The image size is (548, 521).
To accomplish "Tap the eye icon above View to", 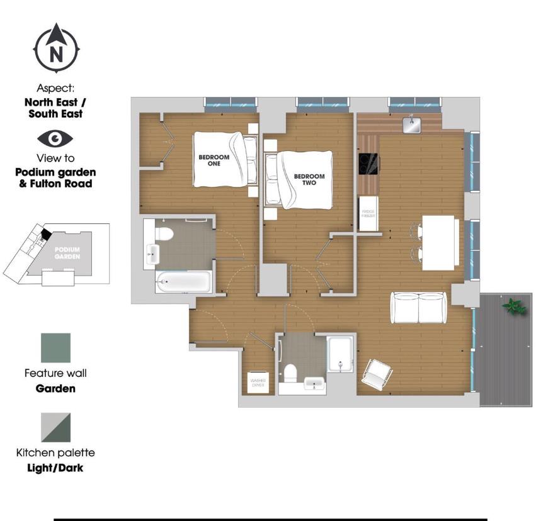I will point(55,138).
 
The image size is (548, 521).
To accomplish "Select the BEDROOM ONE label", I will point(214,160).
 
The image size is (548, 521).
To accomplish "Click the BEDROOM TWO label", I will point(309,180).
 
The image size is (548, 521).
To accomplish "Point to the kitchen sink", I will point(411,125).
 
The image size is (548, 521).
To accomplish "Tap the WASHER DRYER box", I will point(258,382).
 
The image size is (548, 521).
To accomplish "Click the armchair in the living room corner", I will point(377,373).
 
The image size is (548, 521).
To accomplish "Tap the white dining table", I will point(440,242).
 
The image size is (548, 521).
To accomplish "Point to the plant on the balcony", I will point(513,306).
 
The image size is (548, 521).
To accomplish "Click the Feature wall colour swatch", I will point(55,348).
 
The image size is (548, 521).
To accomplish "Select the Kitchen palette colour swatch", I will point(55,427).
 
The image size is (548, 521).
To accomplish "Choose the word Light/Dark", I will point(55,468).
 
